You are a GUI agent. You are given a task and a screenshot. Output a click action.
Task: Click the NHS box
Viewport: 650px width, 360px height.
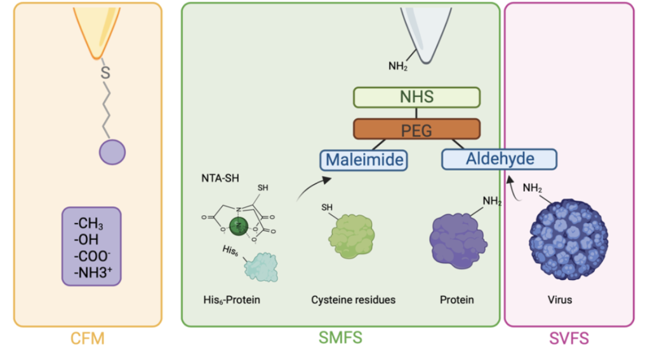[x=416, y=98]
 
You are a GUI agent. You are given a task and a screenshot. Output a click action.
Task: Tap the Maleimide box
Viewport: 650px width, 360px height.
[x=362, y=159]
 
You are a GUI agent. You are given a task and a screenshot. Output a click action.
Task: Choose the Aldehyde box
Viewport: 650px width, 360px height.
[x=499, y=158]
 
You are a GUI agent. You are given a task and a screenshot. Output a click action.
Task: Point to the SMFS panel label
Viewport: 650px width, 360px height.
[x=341, y=338]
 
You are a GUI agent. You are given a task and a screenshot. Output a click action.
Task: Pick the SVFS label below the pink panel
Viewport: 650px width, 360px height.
[x=568, y=339]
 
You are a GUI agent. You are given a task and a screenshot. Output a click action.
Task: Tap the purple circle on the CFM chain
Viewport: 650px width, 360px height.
[x=112, y=152]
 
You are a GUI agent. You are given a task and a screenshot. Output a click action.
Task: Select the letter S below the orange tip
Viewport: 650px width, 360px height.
[x=106, y=74]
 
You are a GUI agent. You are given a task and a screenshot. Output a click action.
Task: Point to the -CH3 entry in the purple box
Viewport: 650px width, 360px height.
[x=89, y=225]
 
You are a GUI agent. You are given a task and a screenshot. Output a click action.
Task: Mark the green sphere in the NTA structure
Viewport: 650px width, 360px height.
[x=237, y=224]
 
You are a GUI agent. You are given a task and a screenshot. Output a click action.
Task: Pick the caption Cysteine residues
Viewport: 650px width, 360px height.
[x=353, y=299]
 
